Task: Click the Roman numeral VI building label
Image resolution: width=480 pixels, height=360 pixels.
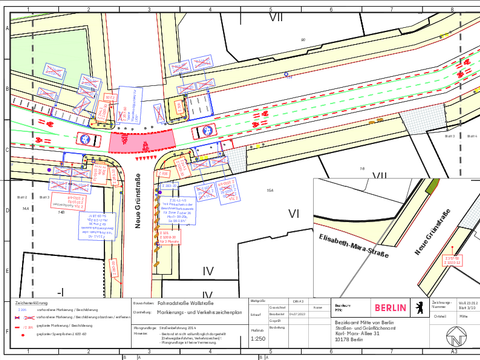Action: [x=293, y=214]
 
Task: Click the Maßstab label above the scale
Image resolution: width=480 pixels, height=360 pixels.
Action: [x=258, y=328]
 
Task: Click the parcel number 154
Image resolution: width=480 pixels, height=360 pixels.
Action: [x=269, y=189]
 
